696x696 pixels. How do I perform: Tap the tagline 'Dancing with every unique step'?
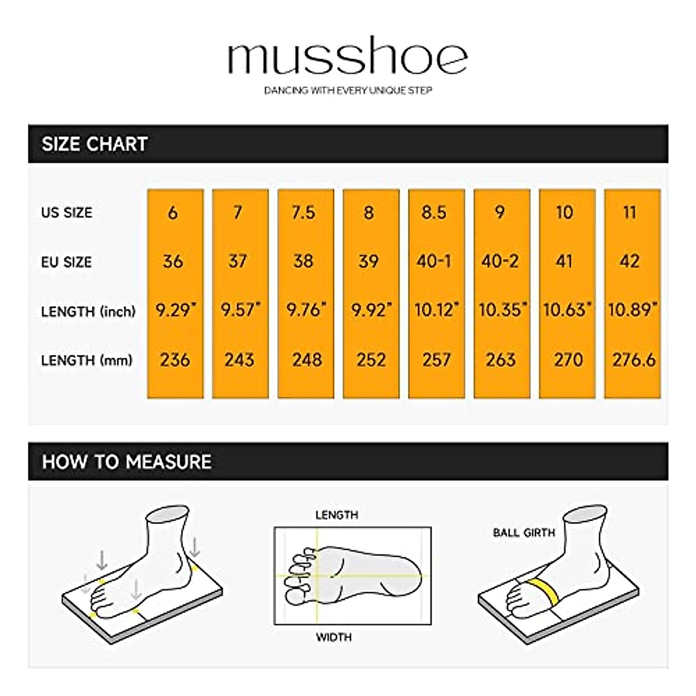click(348, 90)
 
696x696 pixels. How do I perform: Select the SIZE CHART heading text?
click(95, 144)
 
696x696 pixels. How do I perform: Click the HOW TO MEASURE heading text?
click(126, 462)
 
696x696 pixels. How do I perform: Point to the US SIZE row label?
click(67, 212)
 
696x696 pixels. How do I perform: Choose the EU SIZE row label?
click(66, 262)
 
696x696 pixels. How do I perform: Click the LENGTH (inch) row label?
click(88, 311)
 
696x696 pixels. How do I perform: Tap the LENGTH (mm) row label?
click(87, 360)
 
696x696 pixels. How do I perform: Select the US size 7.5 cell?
click(303, 212)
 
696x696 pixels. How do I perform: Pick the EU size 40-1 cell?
click(434, 262)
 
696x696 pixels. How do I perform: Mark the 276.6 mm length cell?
click(633, 360)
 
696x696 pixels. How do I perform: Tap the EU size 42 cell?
click(630, 262)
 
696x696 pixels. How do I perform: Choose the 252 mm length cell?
click(371, 360)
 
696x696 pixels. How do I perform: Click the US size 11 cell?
click(630, 212)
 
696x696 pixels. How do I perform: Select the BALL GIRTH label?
click(524, 532)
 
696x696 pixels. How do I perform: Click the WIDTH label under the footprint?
click(333, 637)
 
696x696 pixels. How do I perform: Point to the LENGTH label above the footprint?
click(336, 515)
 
